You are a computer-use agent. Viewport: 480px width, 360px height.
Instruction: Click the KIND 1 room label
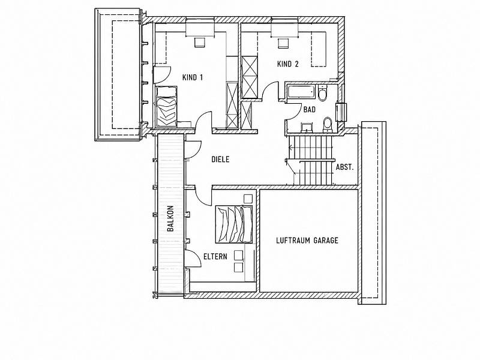[193, 77]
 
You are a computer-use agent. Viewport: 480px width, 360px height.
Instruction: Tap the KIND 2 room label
[288, 64]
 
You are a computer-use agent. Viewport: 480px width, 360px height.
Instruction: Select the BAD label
[310, 110]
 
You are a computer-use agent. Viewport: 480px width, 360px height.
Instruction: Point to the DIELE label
[220, 159]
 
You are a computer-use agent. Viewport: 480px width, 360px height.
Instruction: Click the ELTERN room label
[215, 256]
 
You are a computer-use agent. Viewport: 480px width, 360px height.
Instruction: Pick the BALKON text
[170, 218]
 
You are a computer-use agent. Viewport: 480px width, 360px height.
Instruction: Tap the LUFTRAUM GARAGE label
[307, 241]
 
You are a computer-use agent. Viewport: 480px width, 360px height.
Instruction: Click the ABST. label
[344, 167]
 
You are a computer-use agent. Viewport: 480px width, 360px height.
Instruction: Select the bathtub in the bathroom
[302, 92]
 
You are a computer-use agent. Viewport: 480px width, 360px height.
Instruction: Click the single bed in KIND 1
[167, 107]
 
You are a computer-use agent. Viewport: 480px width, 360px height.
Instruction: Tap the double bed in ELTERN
[234, 224]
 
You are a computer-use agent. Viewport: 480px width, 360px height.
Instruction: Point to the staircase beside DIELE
[310, 160]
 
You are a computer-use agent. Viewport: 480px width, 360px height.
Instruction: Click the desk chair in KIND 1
[200, 42]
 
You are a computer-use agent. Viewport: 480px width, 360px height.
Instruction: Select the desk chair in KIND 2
[283, 43]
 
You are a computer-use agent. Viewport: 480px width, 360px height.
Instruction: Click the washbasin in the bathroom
[306, 127]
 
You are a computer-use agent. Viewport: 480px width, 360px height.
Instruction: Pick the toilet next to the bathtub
[323, 94]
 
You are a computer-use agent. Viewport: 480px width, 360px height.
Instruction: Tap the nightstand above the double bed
[248, 199]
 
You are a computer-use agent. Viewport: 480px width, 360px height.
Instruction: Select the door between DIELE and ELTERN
[203, 196]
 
